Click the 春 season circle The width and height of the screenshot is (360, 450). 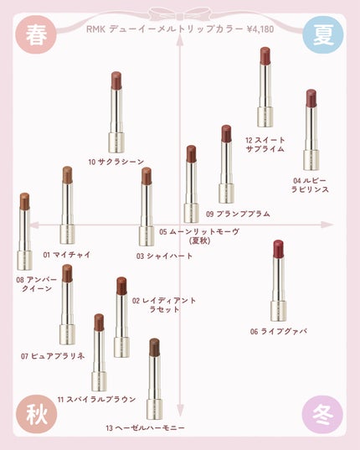(x=35, y=35)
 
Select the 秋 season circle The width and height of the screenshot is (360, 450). (x=35, y=414)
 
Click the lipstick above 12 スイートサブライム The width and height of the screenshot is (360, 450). (x=265, y=88)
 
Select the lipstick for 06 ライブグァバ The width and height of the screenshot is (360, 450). (x=278, y=281)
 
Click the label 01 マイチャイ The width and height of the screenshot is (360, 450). (x=66, y=254)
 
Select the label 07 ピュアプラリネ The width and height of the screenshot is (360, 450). (x=54, y=356)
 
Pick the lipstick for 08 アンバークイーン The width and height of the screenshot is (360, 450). (x=24, y=230)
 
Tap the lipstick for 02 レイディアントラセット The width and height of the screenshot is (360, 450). (x=121, y=317)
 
